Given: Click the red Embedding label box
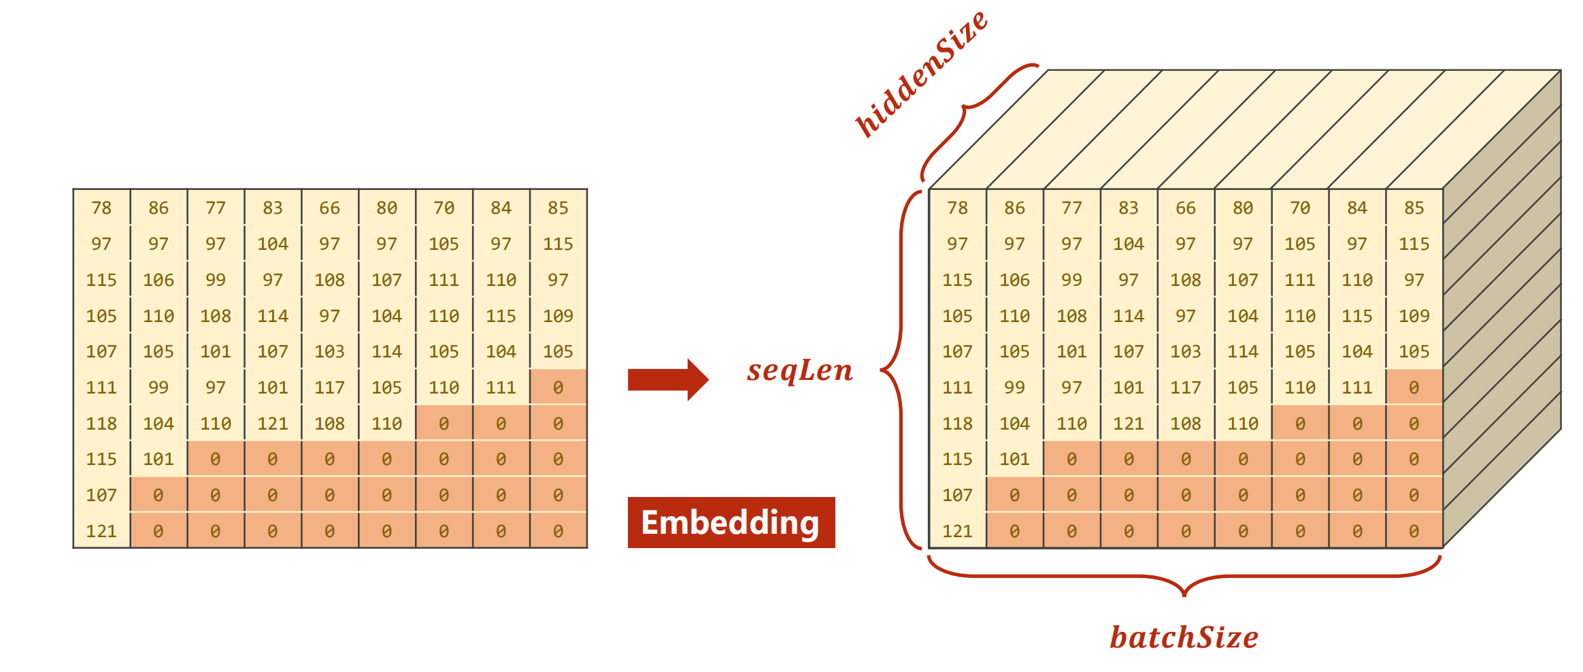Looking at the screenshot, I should (731, 522).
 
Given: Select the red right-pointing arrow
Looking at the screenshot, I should (667, 379).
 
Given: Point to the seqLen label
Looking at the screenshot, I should (799, 370).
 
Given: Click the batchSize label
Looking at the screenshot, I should (1184, 637).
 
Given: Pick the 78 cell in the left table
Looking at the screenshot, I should (101, 208).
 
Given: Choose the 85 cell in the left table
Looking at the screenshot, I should (558, 208).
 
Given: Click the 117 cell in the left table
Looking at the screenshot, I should (329, 387).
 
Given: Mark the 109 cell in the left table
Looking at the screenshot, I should (558, 316).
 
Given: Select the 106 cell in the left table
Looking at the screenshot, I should (159, 280).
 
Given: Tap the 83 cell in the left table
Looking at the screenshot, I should (273, 208).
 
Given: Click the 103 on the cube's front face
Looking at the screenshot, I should (1186, 351).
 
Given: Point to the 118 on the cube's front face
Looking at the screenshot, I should (957, 423).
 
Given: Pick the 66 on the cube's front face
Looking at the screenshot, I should (1186, 208).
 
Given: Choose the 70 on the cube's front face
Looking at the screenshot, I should (1300, 208).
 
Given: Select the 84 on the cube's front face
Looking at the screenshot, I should (1357, 208).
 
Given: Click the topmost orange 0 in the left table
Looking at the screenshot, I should (558, 387).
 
